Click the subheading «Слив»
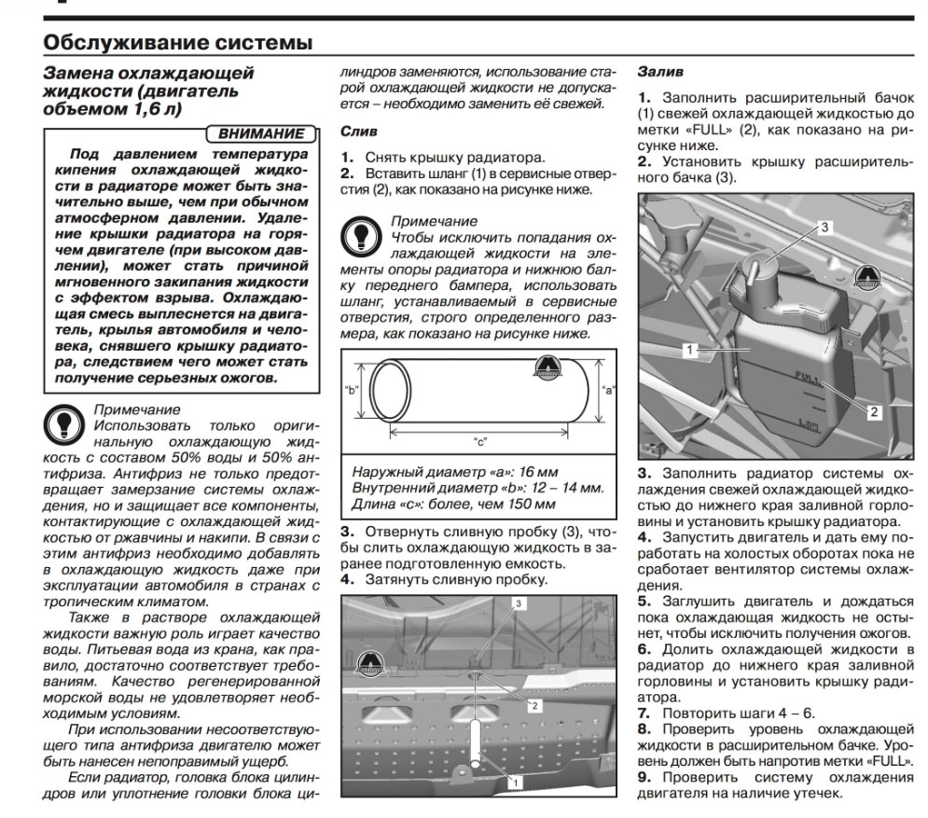tap(359, 133)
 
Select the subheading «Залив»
tap(658, 71)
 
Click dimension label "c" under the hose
tap(479, 441)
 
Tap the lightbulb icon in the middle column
tap(359, 234)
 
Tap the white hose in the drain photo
tap(478, 737)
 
